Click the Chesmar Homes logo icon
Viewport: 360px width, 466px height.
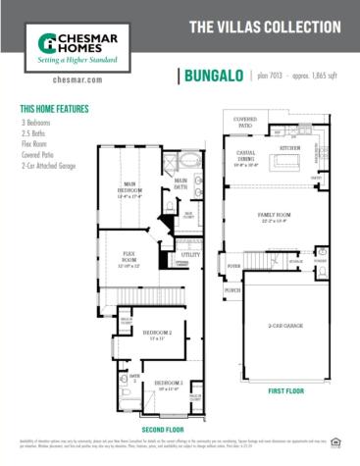[x=47, y=42]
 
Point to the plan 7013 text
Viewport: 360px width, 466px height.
[x=271, y=75]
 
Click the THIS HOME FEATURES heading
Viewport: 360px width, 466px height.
[x=55, y=109]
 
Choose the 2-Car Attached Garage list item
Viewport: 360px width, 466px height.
[x=53, y=168]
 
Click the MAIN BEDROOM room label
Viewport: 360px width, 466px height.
[x=130, y=191]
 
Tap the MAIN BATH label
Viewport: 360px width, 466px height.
[x=180, y=182]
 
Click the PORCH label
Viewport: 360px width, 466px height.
[x=232, y=290]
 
